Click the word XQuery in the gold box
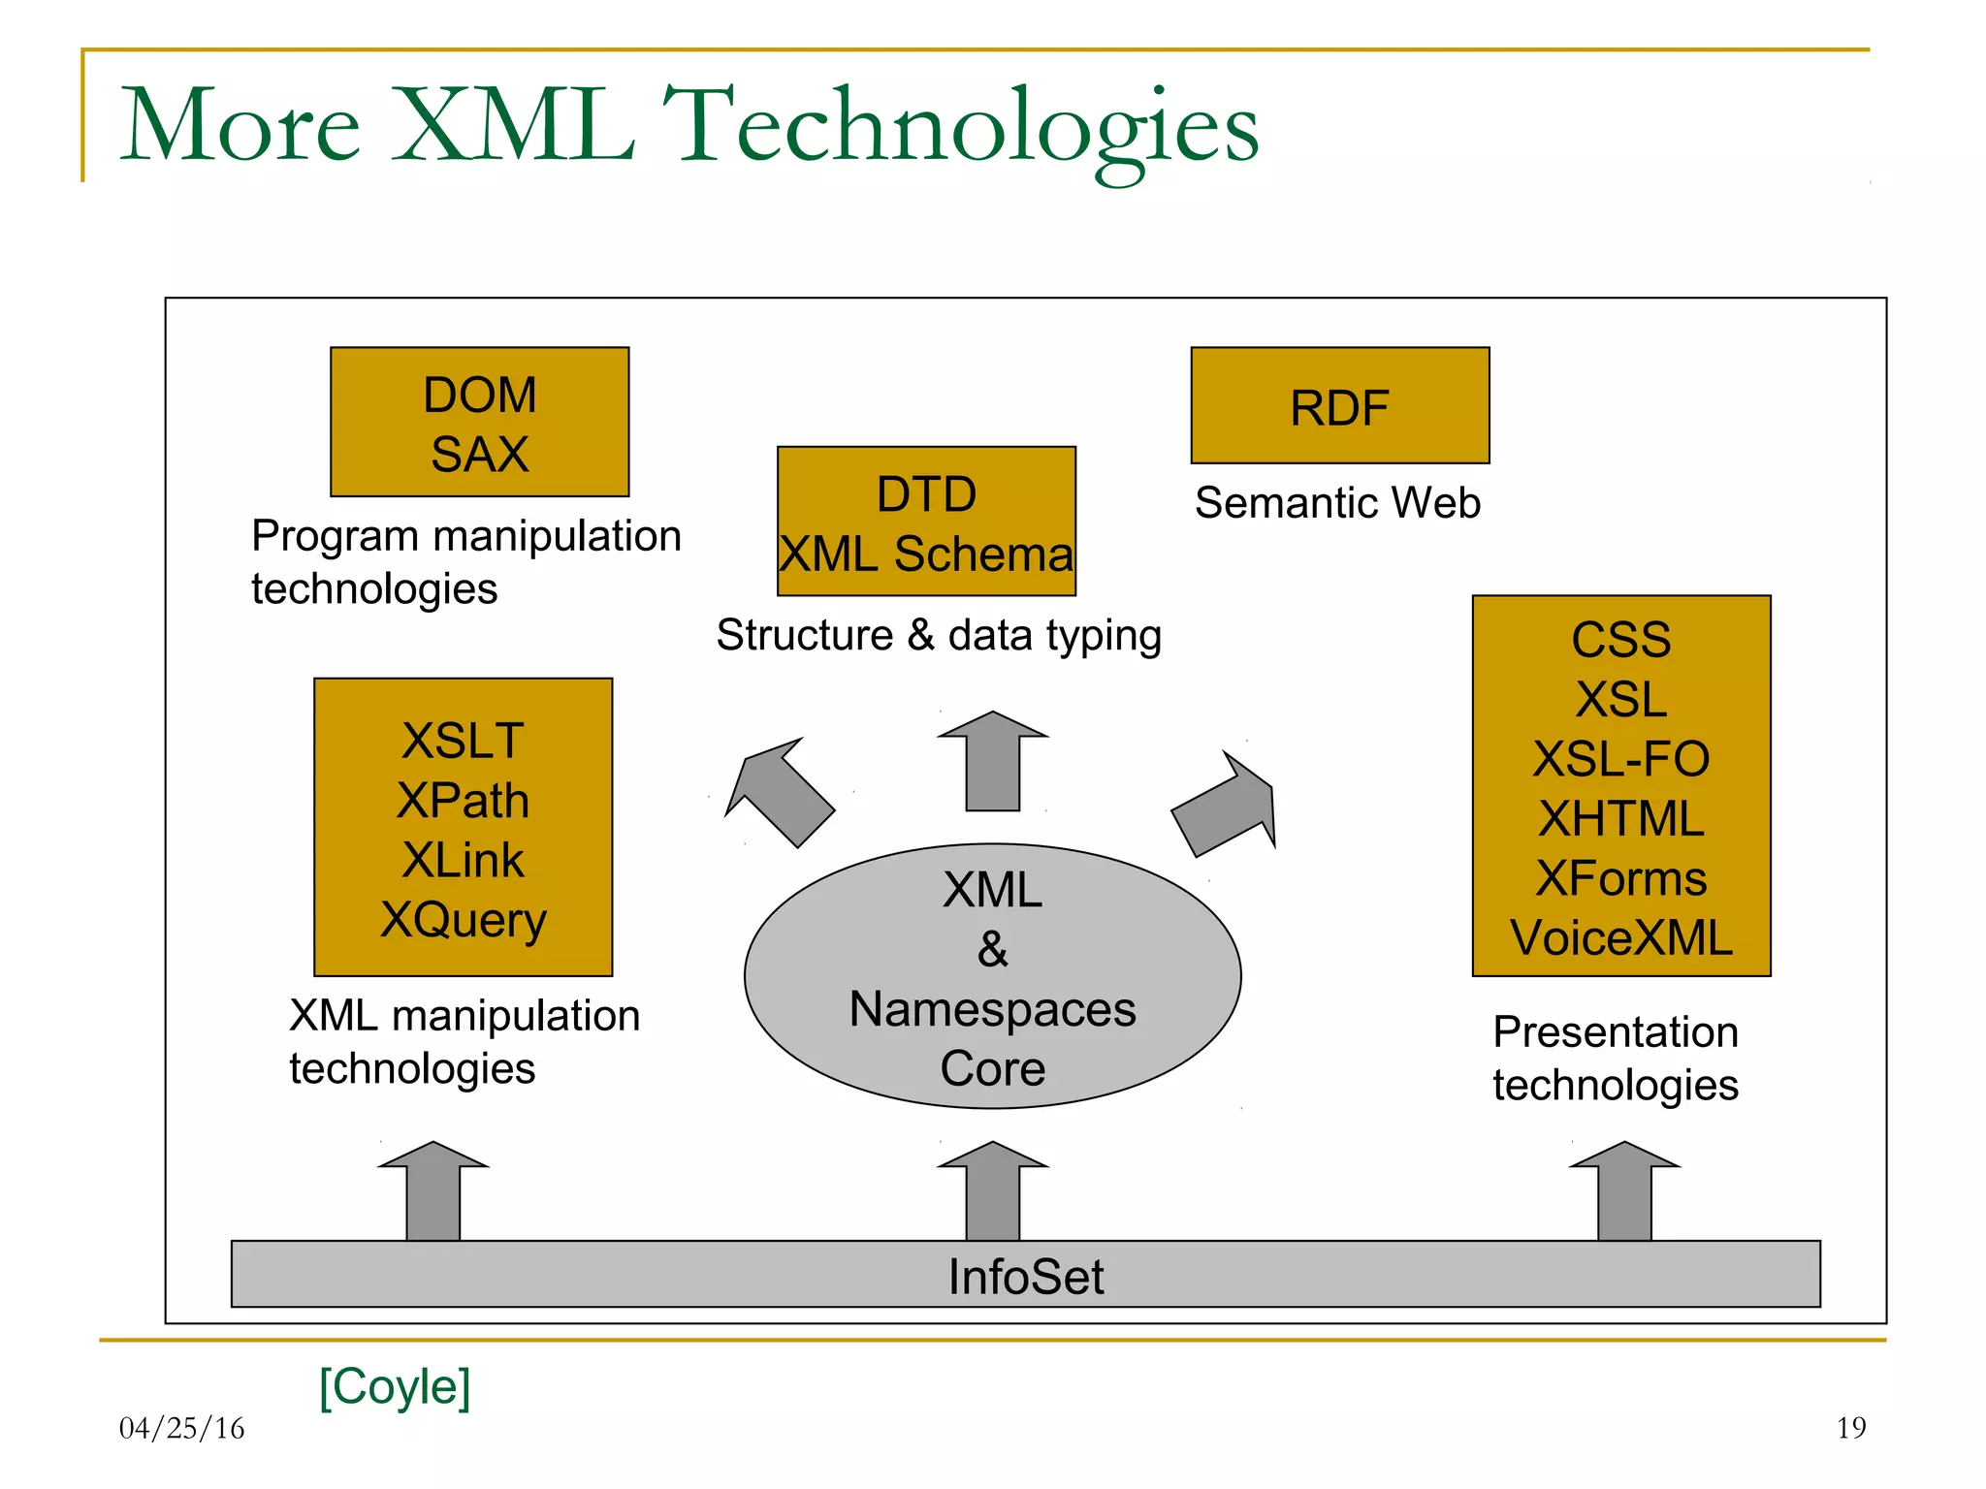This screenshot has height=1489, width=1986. [x=464, y=919]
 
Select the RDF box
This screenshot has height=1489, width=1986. [x=1339, y=406]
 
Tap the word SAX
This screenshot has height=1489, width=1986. [x=479, y=455]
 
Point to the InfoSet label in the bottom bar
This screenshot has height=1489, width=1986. [x=1025, y=1276]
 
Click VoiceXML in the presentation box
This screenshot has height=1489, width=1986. [x=1620, y=937]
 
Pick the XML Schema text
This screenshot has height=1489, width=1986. [x=926, y=554]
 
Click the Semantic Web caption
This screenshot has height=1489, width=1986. [x=1337, y=503]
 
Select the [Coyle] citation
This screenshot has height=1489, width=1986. [x=395, y=1386]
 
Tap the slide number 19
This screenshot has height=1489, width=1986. [x=1850, y=1427]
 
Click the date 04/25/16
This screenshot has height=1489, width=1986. [x=181, y=1428]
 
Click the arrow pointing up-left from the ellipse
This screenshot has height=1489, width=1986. [x=781, y=792]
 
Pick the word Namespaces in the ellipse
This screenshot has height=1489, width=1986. [x=992, y=1009]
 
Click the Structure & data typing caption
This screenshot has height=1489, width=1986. [x=938, y=636]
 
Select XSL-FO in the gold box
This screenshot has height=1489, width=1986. [x=1620, y=758]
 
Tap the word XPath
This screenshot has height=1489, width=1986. [x=464, y=801]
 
